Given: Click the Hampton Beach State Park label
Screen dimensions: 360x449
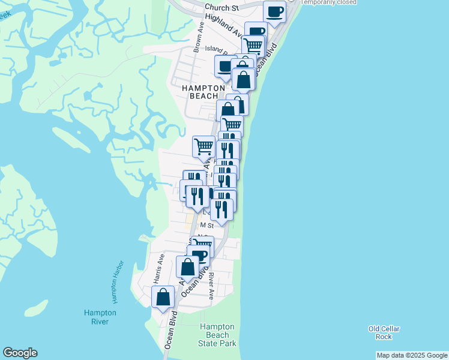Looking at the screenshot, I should pos(217,335).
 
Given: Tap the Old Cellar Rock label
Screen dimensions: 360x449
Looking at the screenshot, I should pos(384,332).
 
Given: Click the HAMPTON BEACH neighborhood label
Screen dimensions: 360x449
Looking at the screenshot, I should pos(203,91).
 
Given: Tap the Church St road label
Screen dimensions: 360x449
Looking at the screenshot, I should pos(221,8).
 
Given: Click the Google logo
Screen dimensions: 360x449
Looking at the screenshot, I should pos(20,353).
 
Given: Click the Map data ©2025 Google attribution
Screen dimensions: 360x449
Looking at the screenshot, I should pos(412,355).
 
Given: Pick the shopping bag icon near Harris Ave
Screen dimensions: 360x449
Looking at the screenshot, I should pos(163,296).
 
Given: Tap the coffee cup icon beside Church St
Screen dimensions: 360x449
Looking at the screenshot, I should pos(274,12).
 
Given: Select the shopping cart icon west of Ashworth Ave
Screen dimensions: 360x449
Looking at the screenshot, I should pos(204,146).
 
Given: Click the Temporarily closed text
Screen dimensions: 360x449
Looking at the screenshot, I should pos(329,2).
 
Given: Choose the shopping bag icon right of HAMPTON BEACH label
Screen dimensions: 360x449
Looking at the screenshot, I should pos(244,80).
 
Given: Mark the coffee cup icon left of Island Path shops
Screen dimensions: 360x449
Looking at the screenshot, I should pos(226,67).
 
